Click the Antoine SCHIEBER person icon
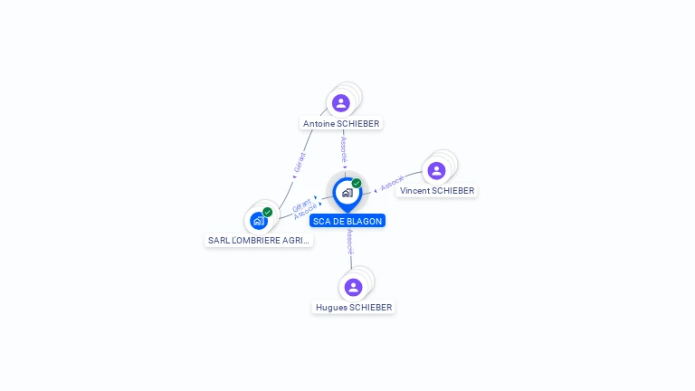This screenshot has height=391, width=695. (341, 102)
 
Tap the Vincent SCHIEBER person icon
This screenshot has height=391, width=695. (436, 170)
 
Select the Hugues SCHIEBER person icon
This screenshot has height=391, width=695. (353, 287)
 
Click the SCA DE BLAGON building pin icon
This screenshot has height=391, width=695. (347, 193)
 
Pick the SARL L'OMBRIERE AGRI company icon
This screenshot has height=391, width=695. (258, 220)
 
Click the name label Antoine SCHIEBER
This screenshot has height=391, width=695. (341, 123)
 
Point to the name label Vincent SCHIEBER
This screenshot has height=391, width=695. (437, 191)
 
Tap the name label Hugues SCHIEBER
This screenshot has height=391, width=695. (354, 308)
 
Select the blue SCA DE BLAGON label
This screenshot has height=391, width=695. (347, 221)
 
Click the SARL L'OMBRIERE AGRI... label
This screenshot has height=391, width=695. (259, 241)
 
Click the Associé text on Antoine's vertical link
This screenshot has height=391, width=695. (344, 148)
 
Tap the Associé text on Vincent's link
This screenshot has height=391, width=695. (392, 184)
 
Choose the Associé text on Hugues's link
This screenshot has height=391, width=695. (350, 241)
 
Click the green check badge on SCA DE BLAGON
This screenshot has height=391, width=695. (357, 184)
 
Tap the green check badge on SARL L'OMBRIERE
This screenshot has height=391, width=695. (267, 212)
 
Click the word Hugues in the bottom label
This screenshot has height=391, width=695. (330, 308)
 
